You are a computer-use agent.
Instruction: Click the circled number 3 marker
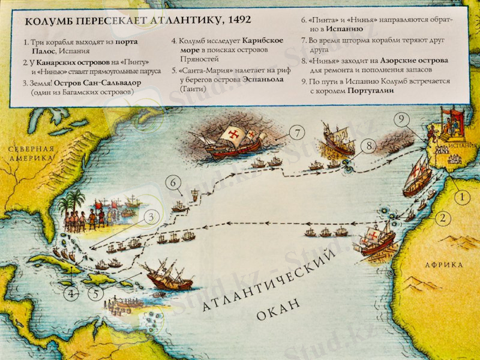[x=152, y=217]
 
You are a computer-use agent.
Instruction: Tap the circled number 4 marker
[x=72, y=294]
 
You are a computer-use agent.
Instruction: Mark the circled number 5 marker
[x=96, y=294]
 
